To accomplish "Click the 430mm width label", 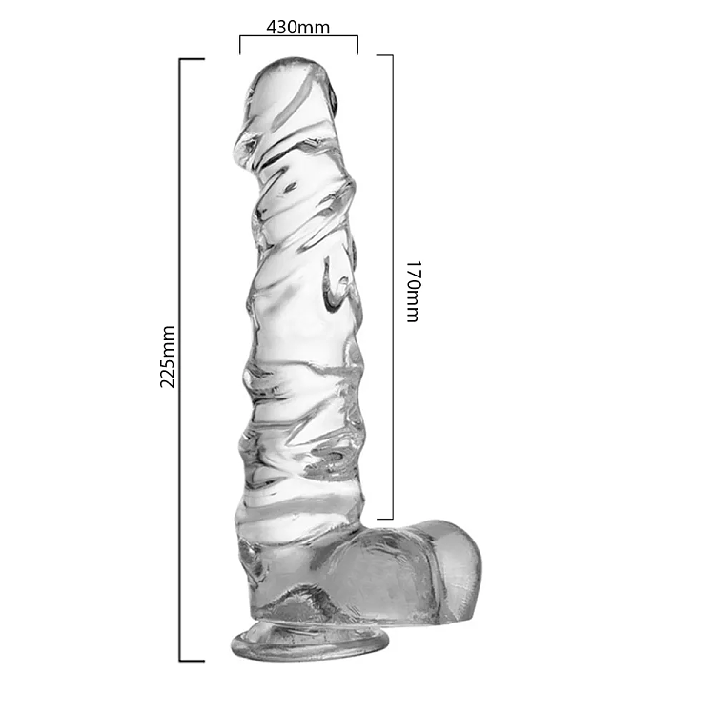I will tap(297, 27).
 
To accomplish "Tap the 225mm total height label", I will tap(168, 357).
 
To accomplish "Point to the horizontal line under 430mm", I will tap(297, 37).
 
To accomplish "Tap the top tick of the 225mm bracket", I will tap(192, 59).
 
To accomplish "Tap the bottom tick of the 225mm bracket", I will tap(192, 660).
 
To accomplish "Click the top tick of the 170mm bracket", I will tap(384, 55).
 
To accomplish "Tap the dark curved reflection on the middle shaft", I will tap(331, 286).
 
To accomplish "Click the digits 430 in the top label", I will tap(283, 27).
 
